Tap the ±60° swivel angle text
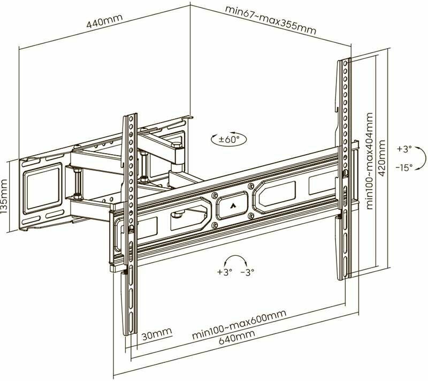[x=228, y=140]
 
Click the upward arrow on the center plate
[x=232, y=205]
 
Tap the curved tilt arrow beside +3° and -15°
[x=421, y=158]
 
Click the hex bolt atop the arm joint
[x=176, y=145]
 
